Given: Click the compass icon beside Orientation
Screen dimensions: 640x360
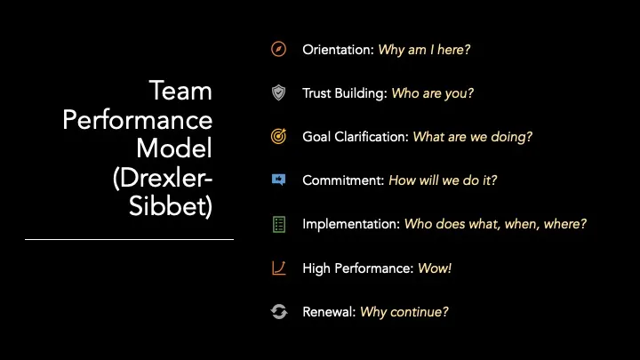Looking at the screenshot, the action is click(x=279, y=50).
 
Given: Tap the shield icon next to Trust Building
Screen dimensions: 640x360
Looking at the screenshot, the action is click(x=279, y=92).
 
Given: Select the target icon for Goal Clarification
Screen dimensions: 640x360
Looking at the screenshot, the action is click(x=279, y=136).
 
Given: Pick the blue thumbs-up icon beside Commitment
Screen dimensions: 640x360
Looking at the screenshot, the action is click(x=279, y=180).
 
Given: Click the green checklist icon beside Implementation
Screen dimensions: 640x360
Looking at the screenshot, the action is click(x=279, y=225).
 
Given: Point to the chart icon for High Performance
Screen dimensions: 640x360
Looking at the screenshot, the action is click(x=279, y=268).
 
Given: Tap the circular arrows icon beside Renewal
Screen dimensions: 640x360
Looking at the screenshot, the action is click(x=279, y=312).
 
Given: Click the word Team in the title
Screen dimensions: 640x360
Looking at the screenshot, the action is click(x=180, y=91).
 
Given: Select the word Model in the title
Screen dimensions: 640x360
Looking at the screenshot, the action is click(x=174, y=148).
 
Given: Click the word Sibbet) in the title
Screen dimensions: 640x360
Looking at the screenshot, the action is click(x=171, y=206).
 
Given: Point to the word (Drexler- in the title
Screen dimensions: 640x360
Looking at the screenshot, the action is click(x=163, y=178).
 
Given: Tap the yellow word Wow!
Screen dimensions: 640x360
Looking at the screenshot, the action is click(x=435, y=268).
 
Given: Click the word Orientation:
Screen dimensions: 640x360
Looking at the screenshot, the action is click(x=339, y=50).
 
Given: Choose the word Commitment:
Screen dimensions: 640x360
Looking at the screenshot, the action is click(x=343, y=180).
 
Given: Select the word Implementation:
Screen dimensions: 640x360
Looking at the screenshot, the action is click(x=351, y=224).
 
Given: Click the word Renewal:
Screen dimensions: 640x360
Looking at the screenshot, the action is click(x=329, y=312).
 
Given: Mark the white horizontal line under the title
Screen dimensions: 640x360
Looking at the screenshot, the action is click(x=130, y=240).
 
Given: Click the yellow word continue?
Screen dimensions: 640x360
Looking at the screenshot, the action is click(x=420, y=312).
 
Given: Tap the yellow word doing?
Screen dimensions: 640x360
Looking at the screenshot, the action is click(x=512, y=137).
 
